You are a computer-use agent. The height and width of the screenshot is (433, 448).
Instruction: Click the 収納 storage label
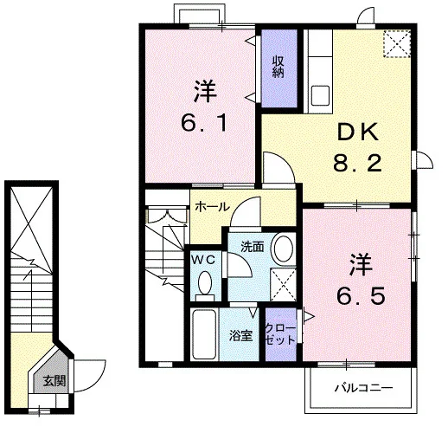click(x=278, y=67)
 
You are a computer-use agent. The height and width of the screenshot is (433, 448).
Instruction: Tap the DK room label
click(x=358, y=132)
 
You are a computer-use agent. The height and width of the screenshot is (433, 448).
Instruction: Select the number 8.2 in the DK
click(x=357, y=163)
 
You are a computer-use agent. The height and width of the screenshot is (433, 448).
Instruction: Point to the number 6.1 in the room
click(x=205, y=122)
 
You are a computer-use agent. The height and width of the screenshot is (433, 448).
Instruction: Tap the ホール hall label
click(x=213, y=207)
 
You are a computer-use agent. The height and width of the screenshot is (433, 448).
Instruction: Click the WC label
click(x=203, y=261)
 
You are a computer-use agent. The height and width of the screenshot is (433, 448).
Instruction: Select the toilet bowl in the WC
click(x=205, y=283)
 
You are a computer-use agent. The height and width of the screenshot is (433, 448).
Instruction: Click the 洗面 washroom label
click(x=253, y=247)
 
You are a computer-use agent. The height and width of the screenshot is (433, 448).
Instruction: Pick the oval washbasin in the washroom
click(x=284, y=249)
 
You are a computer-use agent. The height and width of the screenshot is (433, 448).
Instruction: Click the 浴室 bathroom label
click(x=240, y=336)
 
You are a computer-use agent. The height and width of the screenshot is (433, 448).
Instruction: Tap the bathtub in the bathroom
click(x=204, y=334)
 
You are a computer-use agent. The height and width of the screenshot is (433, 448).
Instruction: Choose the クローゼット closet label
click(x=280, y=334)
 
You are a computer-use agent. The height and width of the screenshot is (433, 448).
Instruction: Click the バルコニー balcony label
click(x=363, y=388)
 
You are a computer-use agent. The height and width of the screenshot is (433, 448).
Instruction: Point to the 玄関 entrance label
click(x=54, y=381)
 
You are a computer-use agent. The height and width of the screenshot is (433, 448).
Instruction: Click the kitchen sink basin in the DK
click(x=321, y=95)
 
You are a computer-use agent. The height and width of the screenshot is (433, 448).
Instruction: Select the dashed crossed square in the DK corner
click(x=397, y=43)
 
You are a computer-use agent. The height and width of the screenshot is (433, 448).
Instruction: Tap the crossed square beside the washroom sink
click(x=284, y=285)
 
